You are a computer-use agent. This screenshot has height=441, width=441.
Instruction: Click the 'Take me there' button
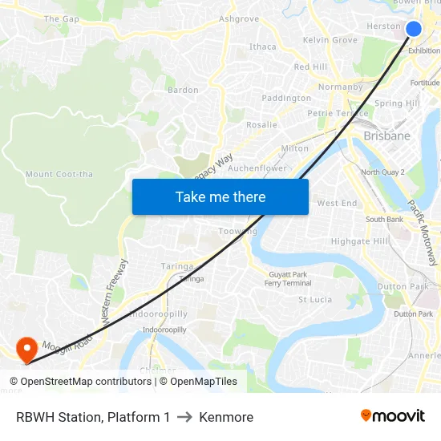220,196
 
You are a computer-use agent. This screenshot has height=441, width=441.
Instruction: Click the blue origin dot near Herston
414,29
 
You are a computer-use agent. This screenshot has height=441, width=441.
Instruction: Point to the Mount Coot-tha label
59,174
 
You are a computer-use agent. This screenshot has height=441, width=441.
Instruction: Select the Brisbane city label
386,136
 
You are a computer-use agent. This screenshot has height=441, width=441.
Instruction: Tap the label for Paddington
286,98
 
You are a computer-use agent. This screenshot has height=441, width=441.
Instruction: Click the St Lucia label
315,300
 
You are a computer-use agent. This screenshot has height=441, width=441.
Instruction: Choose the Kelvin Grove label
330,40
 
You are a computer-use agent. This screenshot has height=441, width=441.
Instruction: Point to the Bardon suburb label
183,90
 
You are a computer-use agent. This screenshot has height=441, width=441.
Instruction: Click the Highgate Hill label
360,241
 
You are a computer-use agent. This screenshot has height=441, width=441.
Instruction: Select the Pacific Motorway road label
422,233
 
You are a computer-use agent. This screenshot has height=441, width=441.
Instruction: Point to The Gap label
62,18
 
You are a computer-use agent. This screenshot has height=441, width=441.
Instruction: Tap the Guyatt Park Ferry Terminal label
288,279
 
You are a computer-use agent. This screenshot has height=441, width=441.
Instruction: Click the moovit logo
392,416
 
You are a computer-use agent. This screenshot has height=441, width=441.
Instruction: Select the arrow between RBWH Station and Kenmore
184,417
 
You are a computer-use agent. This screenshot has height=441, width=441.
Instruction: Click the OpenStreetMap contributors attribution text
85,382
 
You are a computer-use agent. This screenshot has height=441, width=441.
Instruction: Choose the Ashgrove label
239,18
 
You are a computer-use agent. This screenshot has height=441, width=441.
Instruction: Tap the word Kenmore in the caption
226,417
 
